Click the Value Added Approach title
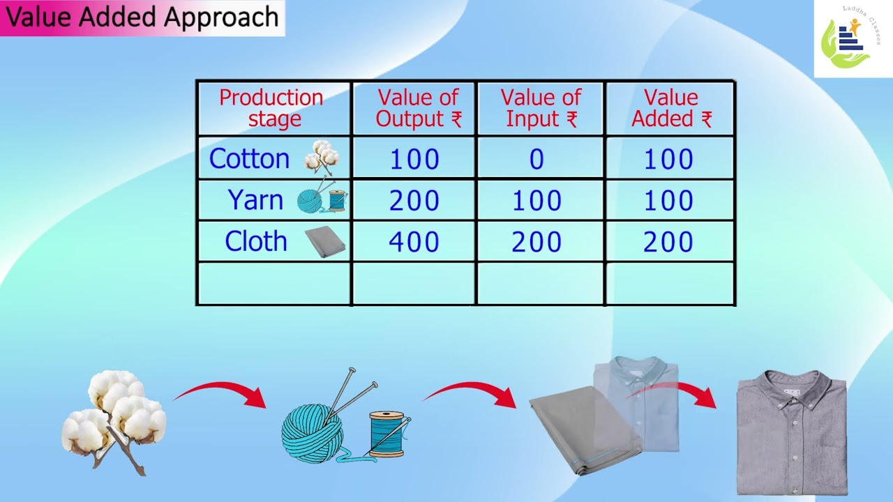[142, 17]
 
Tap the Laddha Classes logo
[853, 39]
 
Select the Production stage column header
[271, 108]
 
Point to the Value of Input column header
[541, 108]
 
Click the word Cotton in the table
[249, 159]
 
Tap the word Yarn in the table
[255, 201]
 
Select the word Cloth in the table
[255, 241]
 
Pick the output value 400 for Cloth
[414, 242]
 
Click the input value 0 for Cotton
[536, 160]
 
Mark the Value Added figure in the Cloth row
[668, 242]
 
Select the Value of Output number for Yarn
[414, 201]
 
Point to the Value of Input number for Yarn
[536, 201]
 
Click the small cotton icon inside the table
[322, 158]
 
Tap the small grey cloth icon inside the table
[326, 242]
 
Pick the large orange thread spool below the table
[387, 434]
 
